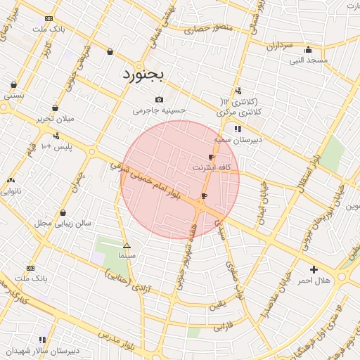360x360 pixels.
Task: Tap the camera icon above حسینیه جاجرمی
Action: pos(160,99)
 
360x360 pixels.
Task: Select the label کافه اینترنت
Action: pos(210,169)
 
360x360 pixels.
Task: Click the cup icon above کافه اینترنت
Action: pos(211,157)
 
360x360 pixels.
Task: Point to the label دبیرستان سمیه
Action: pos(238,140)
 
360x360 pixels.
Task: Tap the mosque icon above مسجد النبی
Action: pos(308,50)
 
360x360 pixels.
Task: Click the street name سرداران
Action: pos(279,46)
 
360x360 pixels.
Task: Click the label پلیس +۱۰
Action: pos(57,146)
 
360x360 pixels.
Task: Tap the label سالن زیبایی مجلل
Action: pos(64,224)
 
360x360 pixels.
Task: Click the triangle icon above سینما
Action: pos(127,245)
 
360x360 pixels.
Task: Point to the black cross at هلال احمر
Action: pos(314,269)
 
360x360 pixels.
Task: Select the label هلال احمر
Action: pos(313,281)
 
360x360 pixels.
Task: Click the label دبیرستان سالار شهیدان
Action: pos(44,350)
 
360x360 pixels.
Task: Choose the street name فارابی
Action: pos(222,326)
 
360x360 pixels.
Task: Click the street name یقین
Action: pos(219,304)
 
